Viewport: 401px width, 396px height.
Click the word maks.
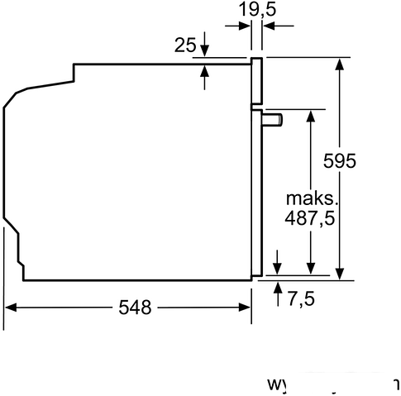tap(313, 198)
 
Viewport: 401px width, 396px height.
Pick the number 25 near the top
tap(186, 45)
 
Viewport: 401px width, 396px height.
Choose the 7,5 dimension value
tap(301, 298)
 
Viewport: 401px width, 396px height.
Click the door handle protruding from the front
tap(274, 121)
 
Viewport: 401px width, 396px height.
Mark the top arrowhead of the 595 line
tap(339, 64)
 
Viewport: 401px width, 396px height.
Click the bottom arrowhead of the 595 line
tap(339, 273)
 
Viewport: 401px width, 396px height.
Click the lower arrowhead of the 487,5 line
tap(311, 267)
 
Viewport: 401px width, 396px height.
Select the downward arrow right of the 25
tap(205, 50)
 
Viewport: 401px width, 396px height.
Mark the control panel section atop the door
tap(257, 83)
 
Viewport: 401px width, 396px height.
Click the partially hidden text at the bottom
tap(331, 385)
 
